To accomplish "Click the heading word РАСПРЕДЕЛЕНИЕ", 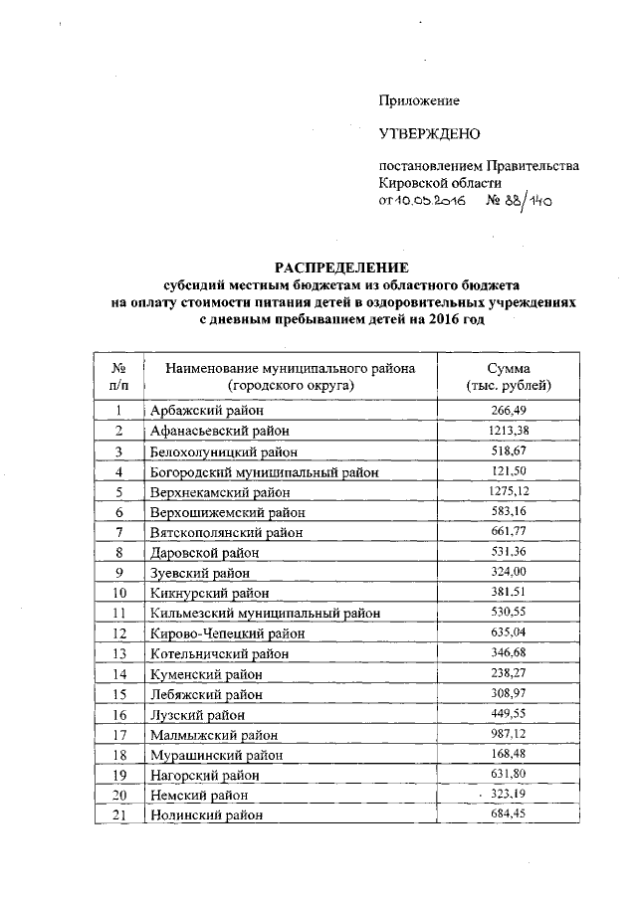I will point(342,267).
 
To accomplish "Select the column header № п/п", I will point(117,377).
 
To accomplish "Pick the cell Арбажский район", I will point(206,411).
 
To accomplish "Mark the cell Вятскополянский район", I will point(227,532).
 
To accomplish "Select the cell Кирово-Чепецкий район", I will point(227,633).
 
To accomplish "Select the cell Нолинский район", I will point(208,816).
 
